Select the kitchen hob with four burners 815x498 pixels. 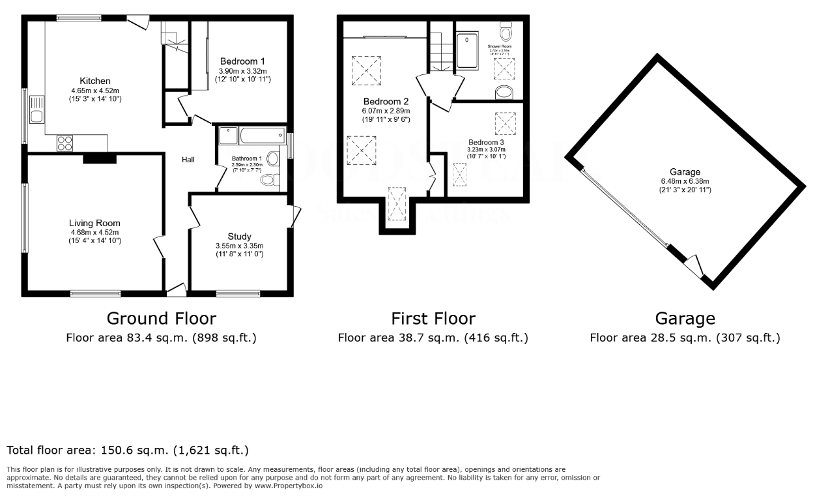point(66,143)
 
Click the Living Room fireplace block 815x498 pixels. point(99,158)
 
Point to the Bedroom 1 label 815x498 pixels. point(242,61)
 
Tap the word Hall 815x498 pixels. point(188,160)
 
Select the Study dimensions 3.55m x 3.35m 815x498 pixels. point(239,246)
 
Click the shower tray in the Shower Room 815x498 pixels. point(468,51)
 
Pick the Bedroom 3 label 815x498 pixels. point(486,141)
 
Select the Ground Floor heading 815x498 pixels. point(161,318)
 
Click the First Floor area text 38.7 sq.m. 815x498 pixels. point(433,338)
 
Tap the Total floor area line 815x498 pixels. point(128,450)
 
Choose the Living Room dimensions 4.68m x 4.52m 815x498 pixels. point(94,232)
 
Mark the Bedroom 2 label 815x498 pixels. point(386,102)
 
